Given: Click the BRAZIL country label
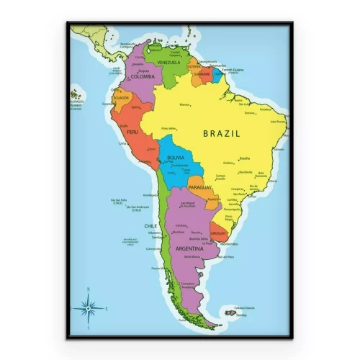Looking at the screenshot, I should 221,133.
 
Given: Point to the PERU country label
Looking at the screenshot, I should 132,132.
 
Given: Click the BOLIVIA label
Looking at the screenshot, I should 175,158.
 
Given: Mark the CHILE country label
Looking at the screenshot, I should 150,225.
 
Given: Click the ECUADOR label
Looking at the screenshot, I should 121,98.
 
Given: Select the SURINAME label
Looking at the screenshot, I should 202,73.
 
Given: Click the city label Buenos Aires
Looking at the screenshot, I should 199,238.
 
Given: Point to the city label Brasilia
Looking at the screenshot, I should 245,158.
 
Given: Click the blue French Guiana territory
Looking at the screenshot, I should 217,75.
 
